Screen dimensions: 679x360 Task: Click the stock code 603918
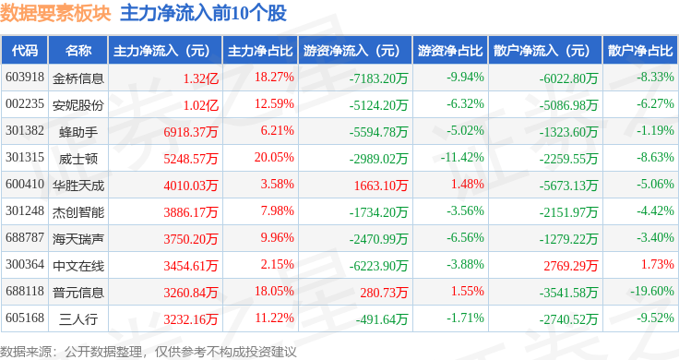(25, 78)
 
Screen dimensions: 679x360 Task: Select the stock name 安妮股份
(77, 105)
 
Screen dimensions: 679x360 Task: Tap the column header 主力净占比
(260, 51)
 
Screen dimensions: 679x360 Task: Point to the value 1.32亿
(201, 78)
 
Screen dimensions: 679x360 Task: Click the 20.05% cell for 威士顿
(274, 157)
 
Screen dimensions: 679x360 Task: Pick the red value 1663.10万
(381, 186)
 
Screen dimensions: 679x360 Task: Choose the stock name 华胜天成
(77, 186)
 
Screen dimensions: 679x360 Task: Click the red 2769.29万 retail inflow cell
(571, 266)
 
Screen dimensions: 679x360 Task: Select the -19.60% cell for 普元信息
(652, 291)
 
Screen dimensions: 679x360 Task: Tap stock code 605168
(25, 318)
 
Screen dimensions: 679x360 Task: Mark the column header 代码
(25, 51)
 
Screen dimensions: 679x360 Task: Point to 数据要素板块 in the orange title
(55, 14)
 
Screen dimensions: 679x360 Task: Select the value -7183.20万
(379, 78)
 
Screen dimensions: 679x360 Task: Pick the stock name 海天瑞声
(77, 239)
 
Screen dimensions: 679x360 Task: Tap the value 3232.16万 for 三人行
(191, 319)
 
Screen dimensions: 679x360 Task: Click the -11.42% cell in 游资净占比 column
(462, 157)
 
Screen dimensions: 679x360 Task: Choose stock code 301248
(25, 211)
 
